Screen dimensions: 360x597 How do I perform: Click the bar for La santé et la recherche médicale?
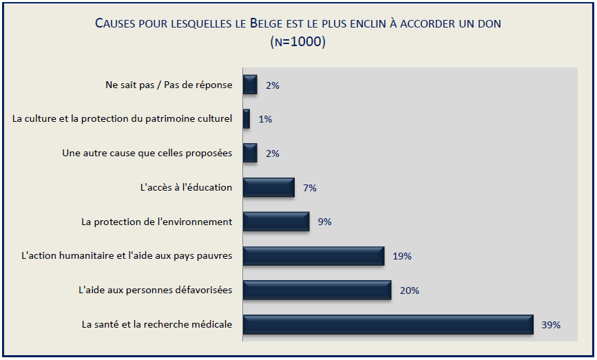tap(388, 324)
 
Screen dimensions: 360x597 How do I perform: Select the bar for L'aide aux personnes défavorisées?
tap(317, 290)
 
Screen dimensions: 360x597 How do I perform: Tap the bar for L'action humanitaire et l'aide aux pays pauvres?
tap(313, 256)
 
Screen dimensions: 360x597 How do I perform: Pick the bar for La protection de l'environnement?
tap(275, 222)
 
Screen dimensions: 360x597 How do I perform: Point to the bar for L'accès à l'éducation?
tap(269, 187)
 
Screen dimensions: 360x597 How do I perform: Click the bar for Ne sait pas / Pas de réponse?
tap(250, 85)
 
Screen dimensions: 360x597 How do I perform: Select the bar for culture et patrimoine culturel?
tap(246, 119)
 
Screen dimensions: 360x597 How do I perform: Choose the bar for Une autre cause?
tap(250, 153)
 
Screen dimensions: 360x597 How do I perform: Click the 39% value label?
tap(551, 324)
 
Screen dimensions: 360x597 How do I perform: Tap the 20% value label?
tap(409, 290)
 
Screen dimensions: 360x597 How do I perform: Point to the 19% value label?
tap(402, 256)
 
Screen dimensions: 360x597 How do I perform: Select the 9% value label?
tap(324, 222)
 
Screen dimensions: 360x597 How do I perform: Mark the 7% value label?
tap(309, 187)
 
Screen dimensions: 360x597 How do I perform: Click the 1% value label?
tap(265, 119)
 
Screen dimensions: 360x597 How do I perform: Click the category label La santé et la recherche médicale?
tap(157, 324)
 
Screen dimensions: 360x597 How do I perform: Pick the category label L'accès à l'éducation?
tap(186, 187)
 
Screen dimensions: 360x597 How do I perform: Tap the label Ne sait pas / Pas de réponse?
tap(169, 85)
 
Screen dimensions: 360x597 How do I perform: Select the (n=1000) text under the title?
tap(298, 41)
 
